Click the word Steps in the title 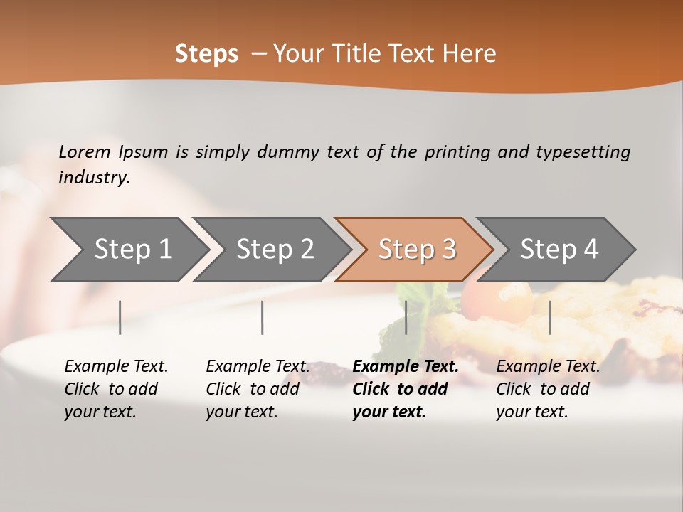point(206,54)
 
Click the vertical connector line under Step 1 point(120,317)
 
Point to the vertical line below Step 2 point(263,317)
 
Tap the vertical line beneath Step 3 point(406,317)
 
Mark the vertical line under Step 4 point(549,317)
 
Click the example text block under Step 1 point(116,389)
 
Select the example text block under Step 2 point(258,389)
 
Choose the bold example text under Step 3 point(405,389)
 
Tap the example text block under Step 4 point(548,389)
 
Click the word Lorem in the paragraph point(85,152)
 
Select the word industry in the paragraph point(93,178)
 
